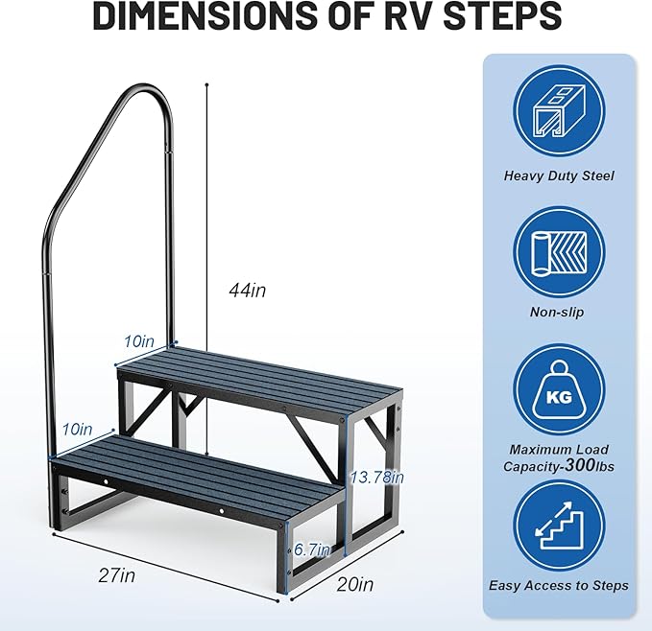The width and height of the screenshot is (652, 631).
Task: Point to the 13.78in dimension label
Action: (x=376, y=477)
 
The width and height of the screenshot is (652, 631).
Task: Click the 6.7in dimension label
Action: (x=311, y=549)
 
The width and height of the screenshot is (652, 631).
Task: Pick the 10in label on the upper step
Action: (x=138, y=340)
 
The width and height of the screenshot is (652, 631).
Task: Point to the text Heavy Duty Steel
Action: (x=558, y=175)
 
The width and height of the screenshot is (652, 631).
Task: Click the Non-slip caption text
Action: (x=558, y=312)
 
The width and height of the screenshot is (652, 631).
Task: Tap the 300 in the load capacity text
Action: (x=585, y=466)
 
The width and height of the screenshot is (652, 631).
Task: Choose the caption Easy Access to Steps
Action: (x=558, y=585)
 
